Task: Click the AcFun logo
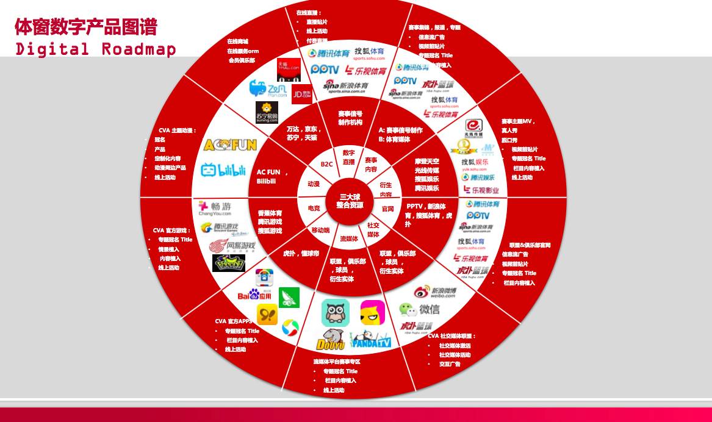point(230,145)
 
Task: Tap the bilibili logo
point(223,170)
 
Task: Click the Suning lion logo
point(267,112)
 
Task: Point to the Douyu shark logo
point(332,339)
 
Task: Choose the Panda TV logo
point(370,339)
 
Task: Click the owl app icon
point(335,312)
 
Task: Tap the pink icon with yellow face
point(372,312)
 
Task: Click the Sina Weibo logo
point(434,293)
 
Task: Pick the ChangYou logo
point(214,208)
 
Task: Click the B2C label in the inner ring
point(326,164)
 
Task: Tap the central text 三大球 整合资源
point(350,201)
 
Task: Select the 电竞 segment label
point(314,208)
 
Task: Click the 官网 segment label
point(387,209)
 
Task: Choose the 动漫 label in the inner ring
point(314,184)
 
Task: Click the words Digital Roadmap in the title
point(96,49)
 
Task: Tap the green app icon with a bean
point(289,298)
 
